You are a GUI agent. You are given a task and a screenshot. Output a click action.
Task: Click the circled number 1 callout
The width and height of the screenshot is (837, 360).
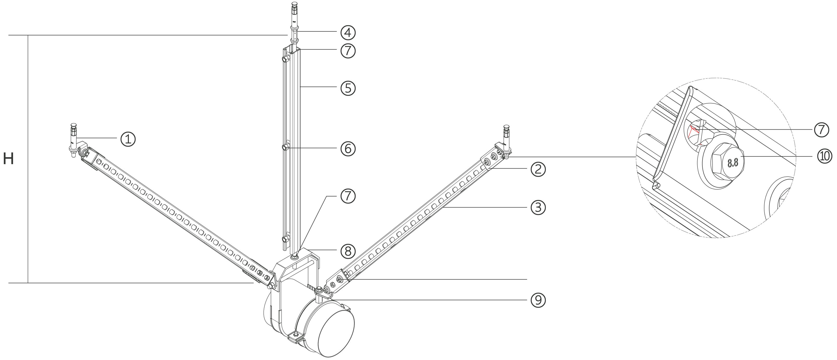(x=128, y=139)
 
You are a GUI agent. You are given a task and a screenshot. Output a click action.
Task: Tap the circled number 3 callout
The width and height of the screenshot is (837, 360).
(x=538, y=207)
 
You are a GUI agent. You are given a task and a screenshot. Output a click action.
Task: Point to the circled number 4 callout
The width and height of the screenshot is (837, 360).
(x=348, y=32)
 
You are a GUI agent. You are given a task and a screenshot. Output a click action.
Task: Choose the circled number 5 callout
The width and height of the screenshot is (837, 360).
(x=348, y=88)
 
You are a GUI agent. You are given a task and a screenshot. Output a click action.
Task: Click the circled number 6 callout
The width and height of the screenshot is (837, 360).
(x=348, y=149)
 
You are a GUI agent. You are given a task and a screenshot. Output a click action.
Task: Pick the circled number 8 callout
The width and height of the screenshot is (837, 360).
(x=348, y=251)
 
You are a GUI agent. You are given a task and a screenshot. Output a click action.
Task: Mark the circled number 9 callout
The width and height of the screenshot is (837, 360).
(x=538, y=300)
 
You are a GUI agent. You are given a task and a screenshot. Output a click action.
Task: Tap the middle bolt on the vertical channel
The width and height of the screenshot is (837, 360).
(x=285, y=148)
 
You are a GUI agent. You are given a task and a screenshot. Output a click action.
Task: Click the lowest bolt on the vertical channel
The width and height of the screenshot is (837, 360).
(x=285, y=240)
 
